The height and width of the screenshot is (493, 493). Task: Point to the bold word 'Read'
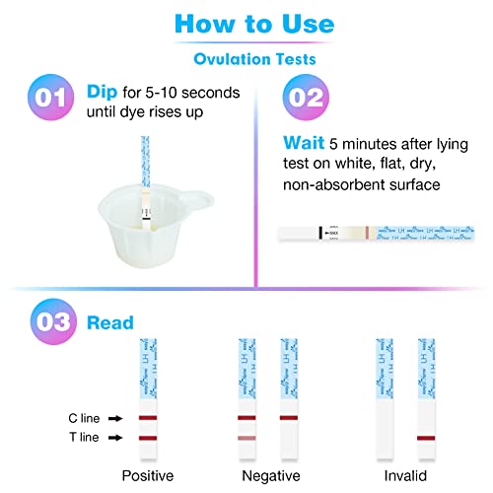110,322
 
